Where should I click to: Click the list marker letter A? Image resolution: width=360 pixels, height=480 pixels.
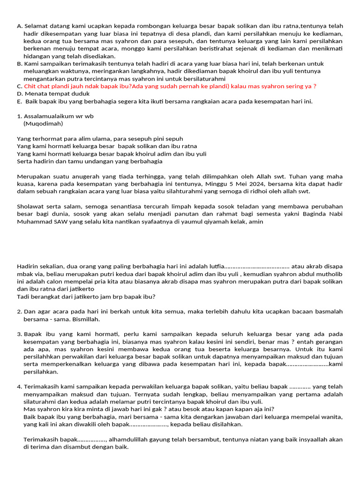click(x=19, y=26)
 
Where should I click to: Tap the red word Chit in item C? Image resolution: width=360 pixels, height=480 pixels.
click(x=30, y=86)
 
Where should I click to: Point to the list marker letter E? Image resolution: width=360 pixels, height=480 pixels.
click(x=19, y=101)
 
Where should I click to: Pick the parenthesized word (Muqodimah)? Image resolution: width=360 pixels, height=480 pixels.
click(x=43, y=124)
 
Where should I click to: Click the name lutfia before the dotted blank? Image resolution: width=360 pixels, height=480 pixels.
click(x=216, y=267)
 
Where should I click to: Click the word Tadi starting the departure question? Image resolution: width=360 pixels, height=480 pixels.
click(x=23, y=297)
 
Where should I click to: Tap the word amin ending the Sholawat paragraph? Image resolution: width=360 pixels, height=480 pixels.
click(x=255, y=221)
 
